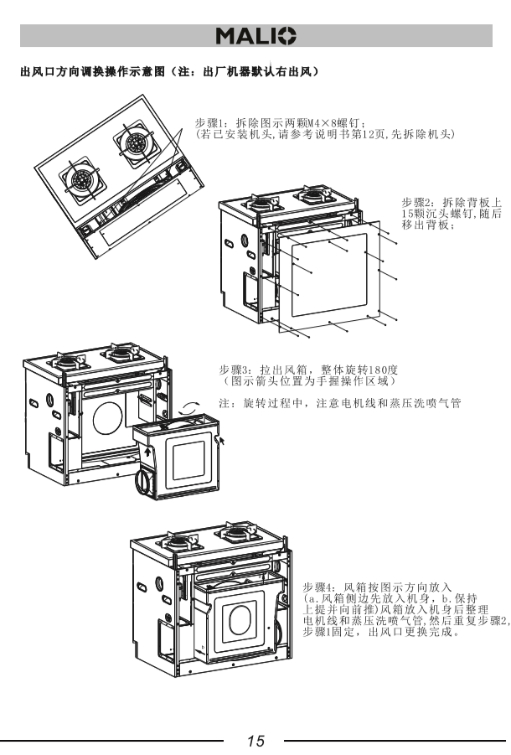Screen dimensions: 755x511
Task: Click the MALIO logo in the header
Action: [x=255, y=36]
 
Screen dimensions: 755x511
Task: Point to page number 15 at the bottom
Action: [x=255, y=741]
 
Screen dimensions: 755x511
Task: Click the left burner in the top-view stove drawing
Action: [x=81, y=179]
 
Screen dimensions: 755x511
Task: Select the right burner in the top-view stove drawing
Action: [x=132, y=142]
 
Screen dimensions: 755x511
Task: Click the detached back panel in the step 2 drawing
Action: [x=327, y=277]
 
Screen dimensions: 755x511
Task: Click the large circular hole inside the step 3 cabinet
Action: [x=107, y=416]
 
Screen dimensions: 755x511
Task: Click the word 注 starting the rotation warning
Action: [x=224, y=404]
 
